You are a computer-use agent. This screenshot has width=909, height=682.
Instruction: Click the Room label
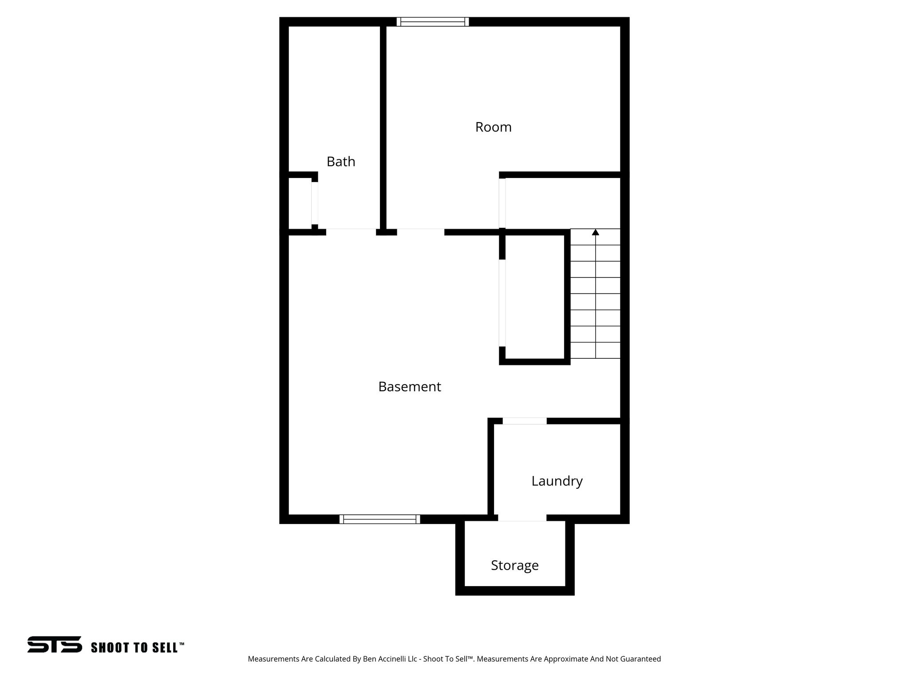click(493, 127)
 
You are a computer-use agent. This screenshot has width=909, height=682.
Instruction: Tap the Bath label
click(341, 162)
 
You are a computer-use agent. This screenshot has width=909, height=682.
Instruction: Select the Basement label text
click(409, 387)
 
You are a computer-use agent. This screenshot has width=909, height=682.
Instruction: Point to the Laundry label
click(557, 481)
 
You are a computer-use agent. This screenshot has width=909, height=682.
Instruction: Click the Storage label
click(514, 565)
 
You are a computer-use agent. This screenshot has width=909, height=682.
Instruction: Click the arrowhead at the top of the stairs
click(595, 232)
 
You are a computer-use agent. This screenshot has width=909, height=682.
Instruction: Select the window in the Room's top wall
click(433, 22)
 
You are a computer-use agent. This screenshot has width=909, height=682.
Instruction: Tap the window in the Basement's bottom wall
click(379, 519)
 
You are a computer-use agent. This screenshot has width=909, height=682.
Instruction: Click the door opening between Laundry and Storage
click(522, 518)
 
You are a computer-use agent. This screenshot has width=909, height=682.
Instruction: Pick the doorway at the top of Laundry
click(525, 421)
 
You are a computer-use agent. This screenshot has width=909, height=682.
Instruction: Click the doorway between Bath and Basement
click(351, 231)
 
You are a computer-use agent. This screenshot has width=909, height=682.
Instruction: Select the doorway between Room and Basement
click(420, 231)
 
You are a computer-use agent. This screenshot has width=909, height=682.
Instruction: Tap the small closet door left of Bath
click(315, 203)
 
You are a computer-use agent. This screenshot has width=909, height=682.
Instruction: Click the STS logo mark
click(55, 644)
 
